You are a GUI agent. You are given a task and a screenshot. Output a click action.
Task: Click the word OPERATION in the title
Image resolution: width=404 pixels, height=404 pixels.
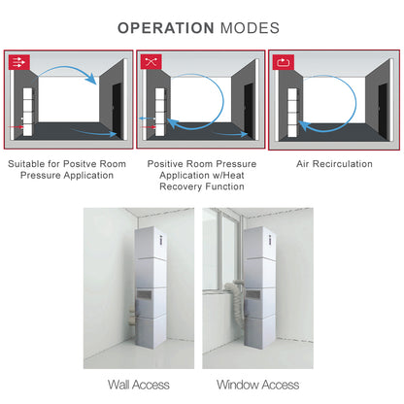pyautogui.click(x=165, y=28)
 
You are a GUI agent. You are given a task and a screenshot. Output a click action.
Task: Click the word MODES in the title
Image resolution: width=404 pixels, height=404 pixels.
pyautogui.click(x=250, y=28)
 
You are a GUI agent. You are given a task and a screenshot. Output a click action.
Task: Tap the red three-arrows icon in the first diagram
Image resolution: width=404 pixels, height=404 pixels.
pyautogui.click(x=19, y=62)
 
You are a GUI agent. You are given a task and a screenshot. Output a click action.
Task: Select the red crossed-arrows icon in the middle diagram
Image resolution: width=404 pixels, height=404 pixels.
pyautogui.click(x=151, y=61)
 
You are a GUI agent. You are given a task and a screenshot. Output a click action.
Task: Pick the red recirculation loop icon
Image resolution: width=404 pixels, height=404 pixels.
pyautogui.click(x=284, y=62)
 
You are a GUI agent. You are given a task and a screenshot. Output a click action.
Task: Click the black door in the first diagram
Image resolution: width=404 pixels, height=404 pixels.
pyautogui.click(x=117, y=110)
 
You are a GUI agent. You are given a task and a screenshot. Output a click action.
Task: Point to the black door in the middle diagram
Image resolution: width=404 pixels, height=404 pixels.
pyautogui.click(x=249, y=110)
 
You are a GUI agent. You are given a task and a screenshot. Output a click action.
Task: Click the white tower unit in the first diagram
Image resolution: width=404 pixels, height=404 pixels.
pyautogui.click(x=27, y=112)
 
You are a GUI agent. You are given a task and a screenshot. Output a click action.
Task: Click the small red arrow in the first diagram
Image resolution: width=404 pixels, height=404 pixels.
pyautogui.click(x=17, y=127)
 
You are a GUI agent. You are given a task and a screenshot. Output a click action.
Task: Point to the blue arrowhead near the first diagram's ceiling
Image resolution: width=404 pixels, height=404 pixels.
pyautogui.click(x=92, y=79)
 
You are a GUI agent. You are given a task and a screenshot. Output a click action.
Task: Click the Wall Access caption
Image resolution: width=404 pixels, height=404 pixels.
pyautogui.click(x=139, y=385)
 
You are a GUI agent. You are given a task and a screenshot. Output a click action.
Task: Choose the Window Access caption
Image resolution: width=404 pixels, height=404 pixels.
pyautogui.click(x=258, y=385)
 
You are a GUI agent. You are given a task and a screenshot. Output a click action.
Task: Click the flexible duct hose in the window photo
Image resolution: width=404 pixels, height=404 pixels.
pyautogui.click(x=236, y=303)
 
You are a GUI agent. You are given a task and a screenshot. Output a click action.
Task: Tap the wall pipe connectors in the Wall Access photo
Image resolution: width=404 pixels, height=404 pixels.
pyautogui.click(x=133, y=317)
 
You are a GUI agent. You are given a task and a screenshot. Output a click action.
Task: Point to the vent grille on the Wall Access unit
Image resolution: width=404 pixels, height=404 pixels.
pyautogui.click(x=146, y=294)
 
